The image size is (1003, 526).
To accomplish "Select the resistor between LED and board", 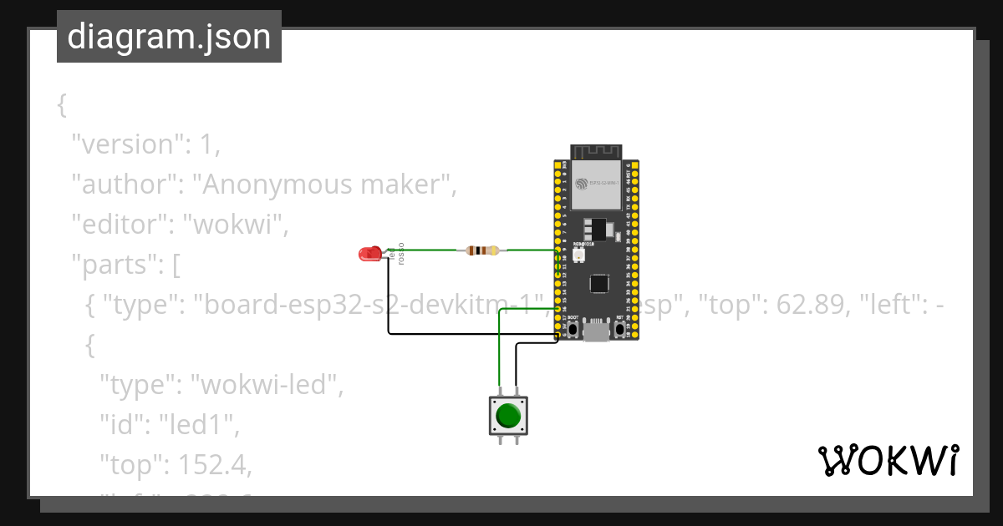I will [481, 250].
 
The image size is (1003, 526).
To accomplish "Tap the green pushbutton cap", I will [508, 415].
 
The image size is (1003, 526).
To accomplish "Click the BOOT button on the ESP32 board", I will [573, 329].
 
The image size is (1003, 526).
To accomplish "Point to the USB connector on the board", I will [596, 331].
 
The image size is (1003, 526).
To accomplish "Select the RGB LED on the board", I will [578, 253].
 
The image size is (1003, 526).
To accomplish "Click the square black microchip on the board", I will [599, 283].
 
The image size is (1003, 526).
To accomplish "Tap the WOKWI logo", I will [888, 461].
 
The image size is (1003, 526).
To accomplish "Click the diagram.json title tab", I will [169, 37].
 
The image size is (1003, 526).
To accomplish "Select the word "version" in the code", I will [127, 144].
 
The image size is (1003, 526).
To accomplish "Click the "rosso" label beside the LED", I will [401, 254].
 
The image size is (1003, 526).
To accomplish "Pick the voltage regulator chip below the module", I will [594, 228].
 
